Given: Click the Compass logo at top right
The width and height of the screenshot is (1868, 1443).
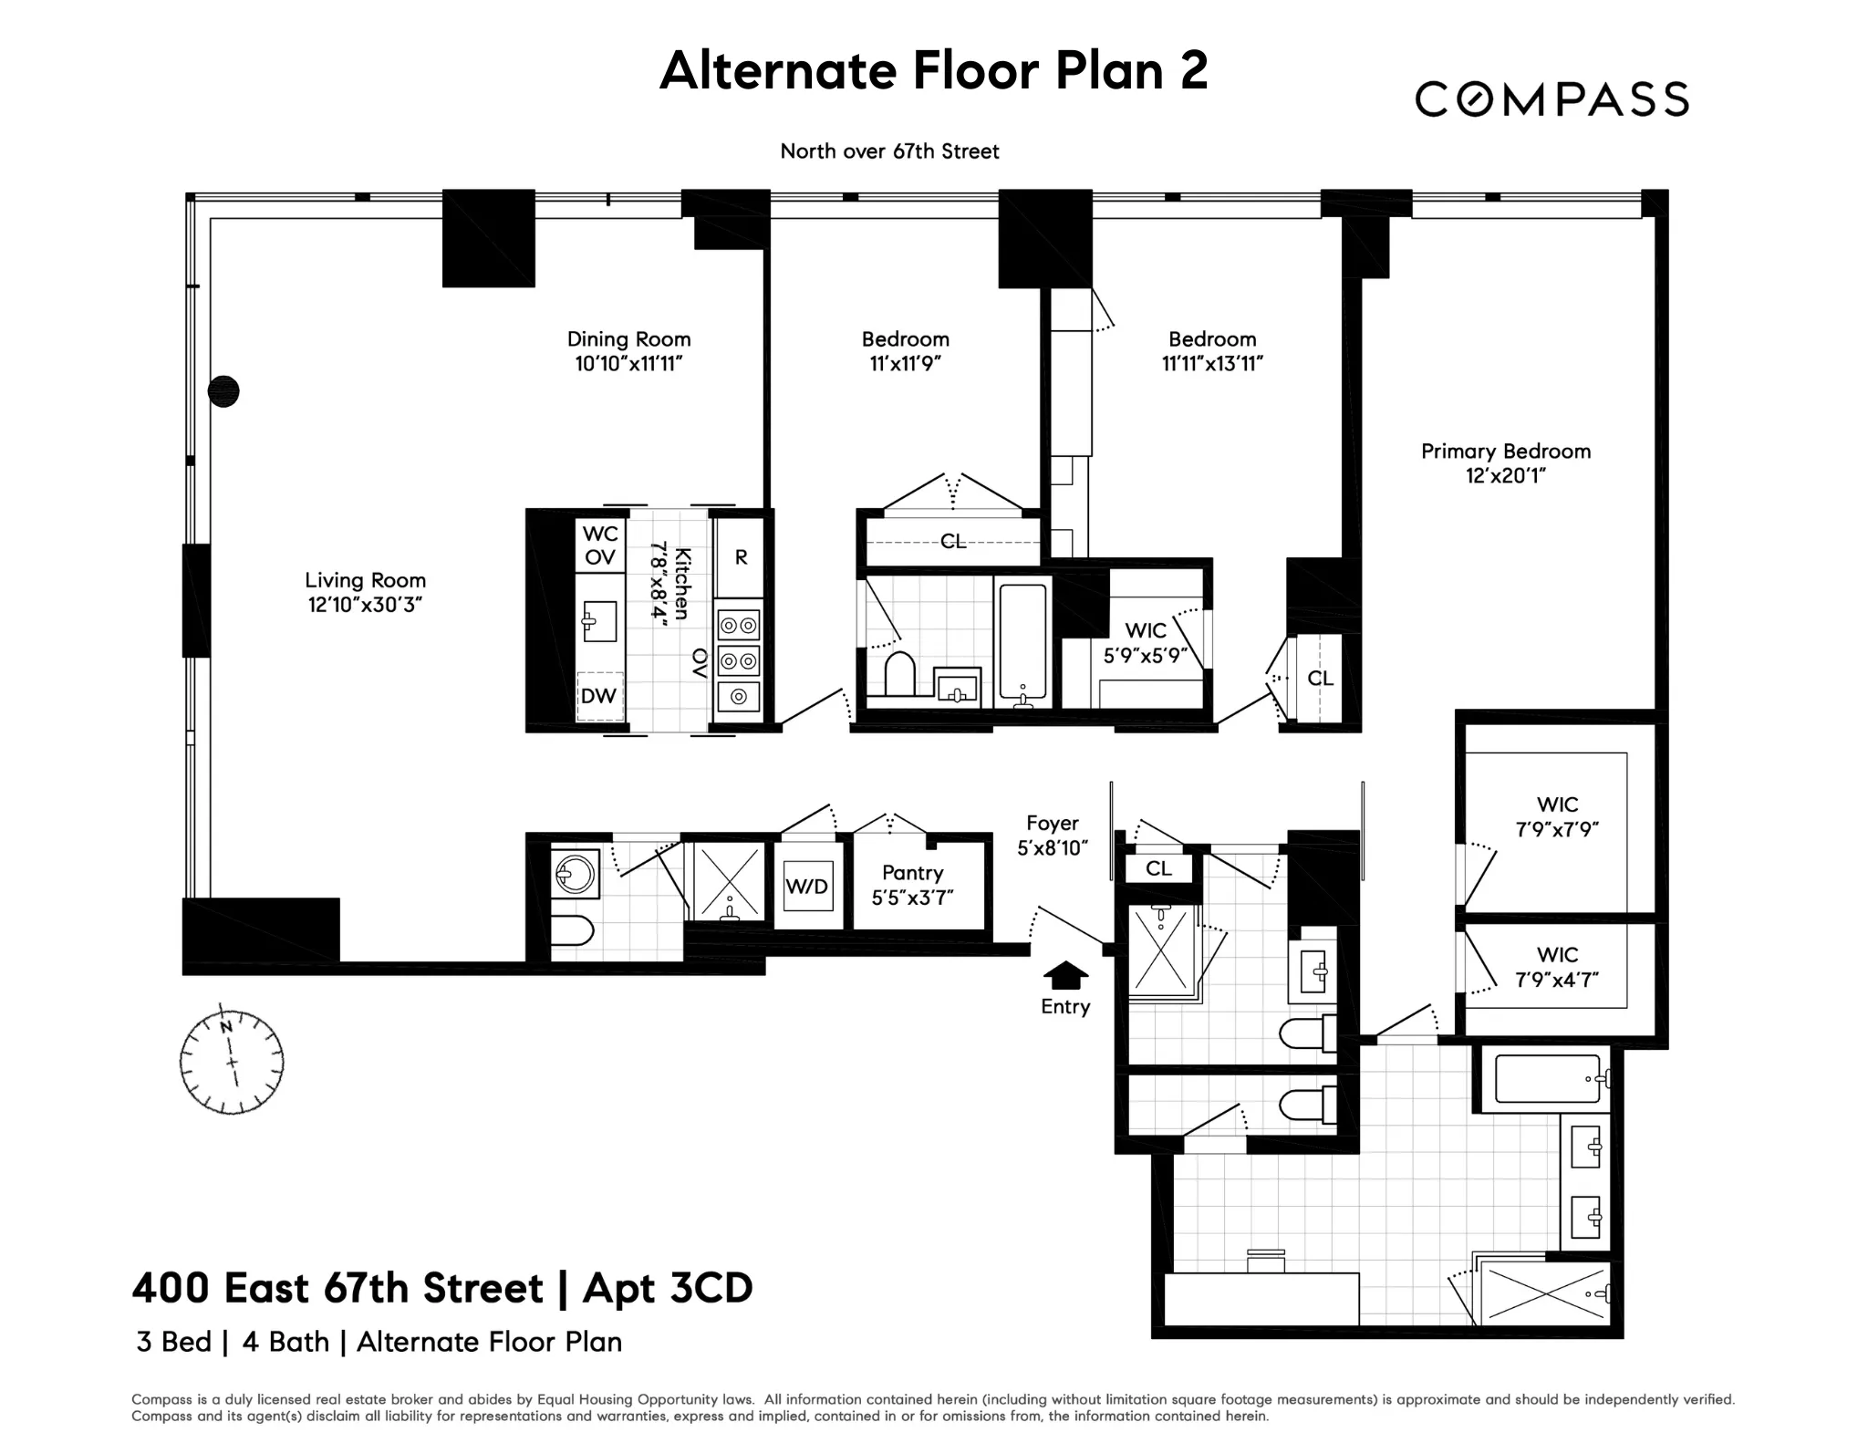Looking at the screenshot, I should (1551, 99).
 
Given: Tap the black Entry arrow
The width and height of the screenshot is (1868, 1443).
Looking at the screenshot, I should (1064, 975).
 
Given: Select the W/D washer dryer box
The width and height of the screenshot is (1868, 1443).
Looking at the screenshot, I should (807, 886).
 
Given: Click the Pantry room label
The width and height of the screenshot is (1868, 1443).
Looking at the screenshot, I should (912, 873).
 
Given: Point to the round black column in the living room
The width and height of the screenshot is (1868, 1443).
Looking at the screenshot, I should (223, 391).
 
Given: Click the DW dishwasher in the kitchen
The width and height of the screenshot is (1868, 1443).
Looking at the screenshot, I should (599, 696).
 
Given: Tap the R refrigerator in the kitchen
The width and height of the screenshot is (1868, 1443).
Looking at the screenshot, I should (741, 557).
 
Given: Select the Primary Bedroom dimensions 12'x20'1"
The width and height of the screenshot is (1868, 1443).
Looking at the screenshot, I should (1505, 475).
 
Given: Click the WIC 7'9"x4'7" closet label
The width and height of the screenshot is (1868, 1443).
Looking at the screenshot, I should (1557, 968).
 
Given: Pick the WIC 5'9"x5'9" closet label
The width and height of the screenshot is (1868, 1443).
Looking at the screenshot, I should (1146, 643).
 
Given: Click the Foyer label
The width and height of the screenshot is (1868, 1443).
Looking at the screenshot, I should (1052, 823).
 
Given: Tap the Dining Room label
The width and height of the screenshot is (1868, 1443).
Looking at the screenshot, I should (628, 339).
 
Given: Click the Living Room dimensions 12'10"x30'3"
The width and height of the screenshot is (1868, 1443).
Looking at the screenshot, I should (365, 605).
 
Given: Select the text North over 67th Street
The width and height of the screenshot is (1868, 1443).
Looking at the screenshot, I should (889, 151).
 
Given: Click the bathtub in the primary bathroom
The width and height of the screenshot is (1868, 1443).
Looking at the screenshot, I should (1548, 1079).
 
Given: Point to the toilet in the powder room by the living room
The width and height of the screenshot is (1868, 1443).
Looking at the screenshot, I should (573, 930).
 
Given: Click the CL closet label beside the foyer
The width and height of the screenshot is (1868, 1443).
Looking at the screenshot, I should (1158, 868).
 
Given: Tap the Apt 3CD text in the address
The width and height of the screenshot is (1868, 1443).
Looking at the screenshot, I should (668, 1288).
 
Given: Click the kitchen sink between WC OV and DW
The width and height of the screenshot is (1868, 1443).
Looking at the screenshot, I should (599, 622).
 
